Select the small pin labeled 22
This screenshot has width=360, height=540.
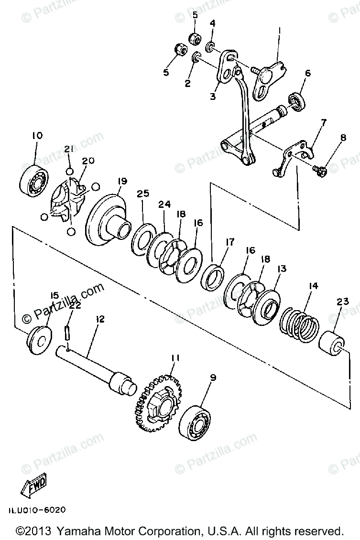pyautogui.click(x=67, y=331)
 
